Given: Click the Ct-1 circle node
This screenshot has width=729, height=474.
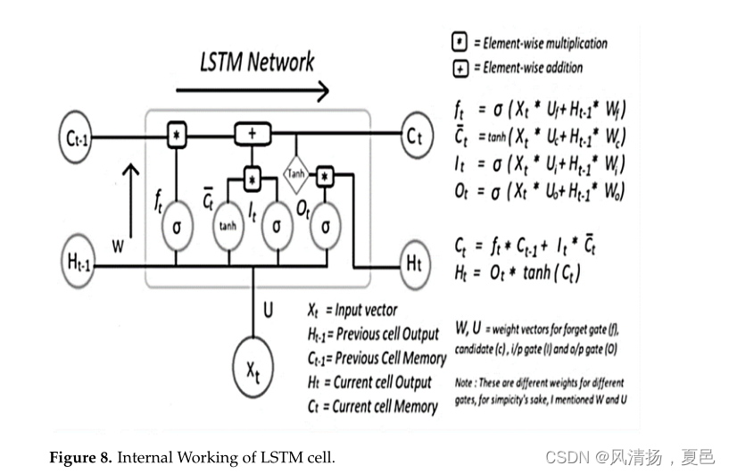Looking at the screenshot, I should pos(79,137).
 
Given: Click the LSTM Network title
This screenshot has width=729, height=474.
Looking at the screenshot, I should pos(256,62).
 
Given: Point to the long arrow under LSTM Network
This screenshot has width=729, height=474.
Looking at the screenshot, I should pos(253,89).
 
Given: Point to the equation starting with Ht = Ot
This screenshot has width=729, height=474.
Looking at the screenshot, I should pos(518,274).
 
